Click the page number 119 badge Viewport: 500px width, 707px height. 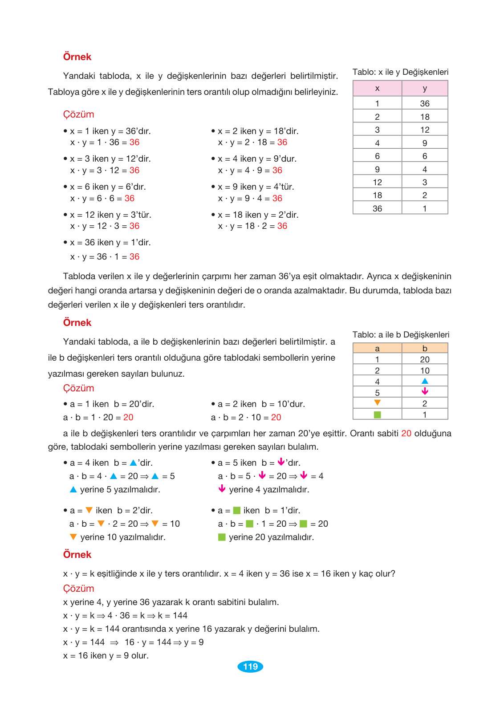point(250,666)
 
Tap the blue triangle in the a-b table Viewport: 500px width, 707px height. point(425,381)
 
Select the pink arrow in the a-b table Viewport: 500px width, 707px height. point(425,391)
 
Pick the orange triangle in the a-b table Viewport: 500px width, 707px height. point(377,402)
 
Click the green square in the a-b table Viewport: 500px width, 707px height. point(377,414)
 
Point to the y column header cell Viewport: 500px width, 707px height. point(425,88)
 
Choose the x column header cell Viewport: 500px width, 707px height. point(377,88)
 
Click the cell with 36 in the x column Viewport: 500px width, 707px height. point(377,208)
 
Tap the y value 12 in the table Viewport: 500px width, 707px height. point(425,130)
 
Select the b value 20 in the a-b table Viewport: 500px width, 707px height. point(425,359)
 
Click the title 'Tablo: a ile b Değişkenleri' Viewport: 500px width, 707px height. point(401,334)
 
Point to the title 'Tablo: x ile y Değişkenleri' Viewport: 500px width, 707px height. point(400,72)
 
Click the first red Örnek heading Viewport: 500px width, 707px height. point(77,57)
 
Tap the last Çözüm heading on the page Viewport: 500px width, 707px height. point(78,588)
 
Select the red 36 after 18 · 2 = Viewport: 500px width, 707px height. point(282,226)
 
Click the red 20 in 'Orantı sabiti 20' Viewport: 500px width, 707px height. point(406,433)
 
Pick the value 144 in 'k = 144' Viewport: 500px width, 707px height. point(180,615)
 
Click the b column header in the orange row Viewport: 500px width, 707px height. point(425,348)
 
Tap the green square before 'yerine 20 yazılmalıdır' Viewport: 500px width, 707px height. point(222,537)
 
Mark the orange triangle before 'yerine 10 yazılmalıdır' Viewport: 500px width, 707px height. point(73,537)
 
